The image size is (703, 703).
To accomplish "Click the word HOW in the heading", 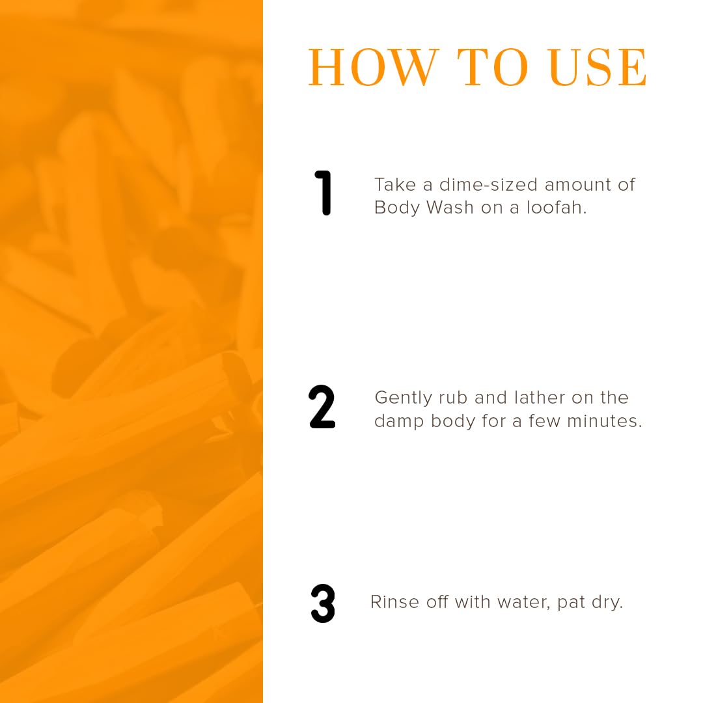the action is (x=373, y=67).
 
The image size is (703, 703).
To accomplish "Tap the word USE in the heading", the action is (x=598, y=67).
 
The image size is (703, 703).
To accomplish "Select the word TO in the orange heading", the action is (x=492, y=67).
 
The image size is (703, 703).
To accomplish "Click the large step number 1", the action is (x=323, y=193).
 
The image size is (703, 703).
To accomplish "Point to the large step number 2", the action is (x=322, y=406).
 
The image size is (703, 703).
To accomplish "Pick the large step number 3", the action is (x=323, y=603).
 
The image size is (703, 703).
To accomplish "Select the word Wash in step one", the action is (x=450, y=208).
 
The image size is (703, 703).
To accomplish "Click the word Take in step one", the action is (x=395, y=185).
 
